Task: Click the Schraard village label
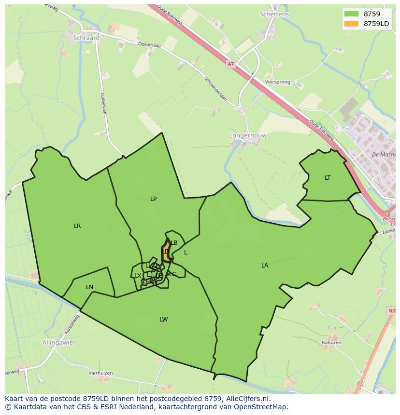86,38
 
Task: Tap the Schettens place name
274,14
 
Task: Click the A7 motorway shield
230,63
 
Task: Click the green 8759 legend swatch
351,14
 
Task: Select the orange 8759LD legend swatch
351,24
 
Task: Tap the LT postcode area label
328,178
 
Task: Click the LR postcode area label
77,226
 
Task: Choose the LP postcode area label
153,199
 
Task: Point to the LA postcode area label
265,266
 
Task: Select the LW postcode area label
164,320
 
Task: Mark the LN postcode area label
89,287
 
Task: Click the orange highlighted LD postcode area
166,252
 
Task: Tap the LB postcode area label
174,243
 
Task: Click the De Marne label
384,155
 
